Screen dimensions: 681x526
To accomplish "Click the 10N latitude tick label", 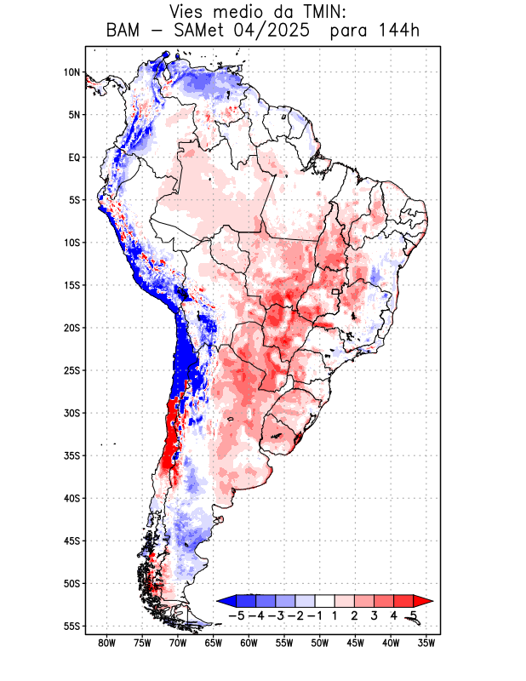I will point(71,72).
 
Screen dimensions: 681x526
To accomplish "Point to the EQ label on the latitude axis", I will point(74,157).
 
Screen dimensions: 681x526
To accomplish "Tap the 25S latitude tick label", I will point(71,370).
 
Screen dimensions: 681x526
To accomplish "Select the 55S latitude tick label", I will point(71,627).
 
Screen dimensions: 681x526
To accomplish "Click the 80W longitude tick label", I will point(107,644).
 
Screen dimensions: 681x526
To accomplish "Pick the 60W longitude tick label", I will point(249,644).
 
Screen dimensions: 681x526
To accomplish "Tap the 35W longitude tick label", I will point(426,644).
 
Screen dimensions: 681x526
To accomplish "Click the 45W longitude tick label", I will point(355,644).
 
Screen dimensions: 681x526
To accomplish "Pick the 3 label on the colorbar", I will point(374,615).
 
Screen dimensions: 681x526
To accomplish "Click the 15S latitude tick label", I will point(71,285).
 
